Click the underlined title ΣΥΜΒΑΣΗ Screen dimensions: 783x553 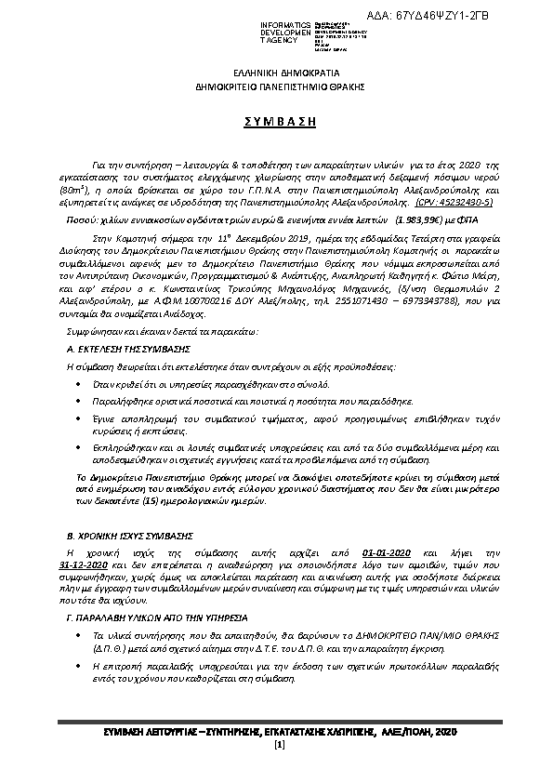[276, 123]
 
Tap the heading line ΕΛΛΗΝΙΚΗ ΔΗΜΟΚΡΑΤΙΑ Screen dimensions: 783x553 [276, 73]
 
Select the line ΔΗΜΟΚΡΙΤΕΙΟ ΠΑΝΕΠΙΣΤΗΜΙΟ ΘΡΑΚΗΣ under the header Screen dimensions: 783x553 [276, 86]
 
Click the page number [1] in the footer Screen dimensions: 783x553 [277, 747]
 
